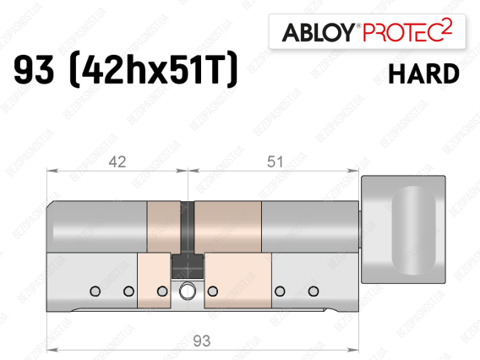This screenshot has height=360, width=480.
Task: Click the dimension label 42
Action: [117, 161]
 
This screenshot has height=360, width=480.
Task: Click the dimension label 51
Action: [275, 161]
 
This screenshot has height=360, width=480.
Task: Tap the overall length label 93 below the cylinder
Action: [202, 341]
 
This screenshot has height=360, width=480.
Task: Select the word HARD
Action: [423, 74]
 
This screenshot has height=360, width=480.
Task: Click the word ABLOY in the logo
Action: [319, 32]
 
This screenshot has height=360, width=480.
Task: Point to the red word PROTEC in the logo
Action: [401, 32]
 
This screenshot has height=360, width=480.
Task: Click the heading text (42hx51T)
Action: [153, 69]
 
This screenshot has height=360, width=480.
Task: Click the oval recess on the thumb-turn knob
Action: [413, 230]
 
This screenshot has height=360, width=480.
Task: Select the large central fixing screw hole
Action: [187, 291]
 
